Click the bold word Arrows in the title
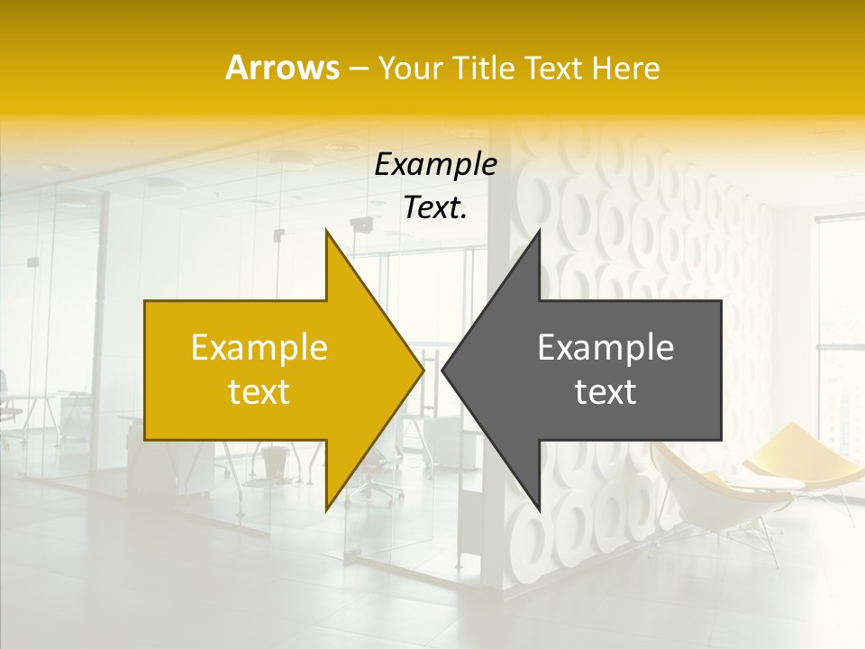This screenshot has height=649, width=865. pos(282,68)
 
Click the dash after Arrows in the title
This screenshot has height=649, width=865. pos(358,69)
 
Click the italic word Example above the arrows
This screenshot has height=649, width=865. pos(436,164)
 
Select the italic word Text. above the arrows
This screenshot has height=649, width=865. pos(436,207)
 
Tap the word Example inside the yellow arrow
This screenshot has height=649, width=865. pos(259,348)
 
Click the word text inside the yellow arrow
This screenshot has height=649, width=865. pos(259,392)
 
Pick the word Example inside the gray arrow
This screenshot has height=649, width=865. pos(605,348)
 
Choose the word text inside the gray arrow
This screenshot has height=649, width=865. pos(605,392)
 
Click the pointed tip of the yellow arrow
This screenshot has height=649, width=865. pos(423,370)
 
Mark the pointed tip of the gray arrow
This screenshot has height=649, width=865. pos(443,370)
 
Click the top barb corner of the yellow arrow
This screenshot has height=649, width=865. pos(327,231)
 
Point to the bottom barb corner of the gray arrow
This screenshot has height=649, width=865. pos(539,510)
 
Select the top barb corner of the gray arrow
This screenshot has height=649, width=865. pos(539,231)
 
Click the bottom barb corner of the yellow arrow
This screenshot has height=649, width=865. pos(327,510)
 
